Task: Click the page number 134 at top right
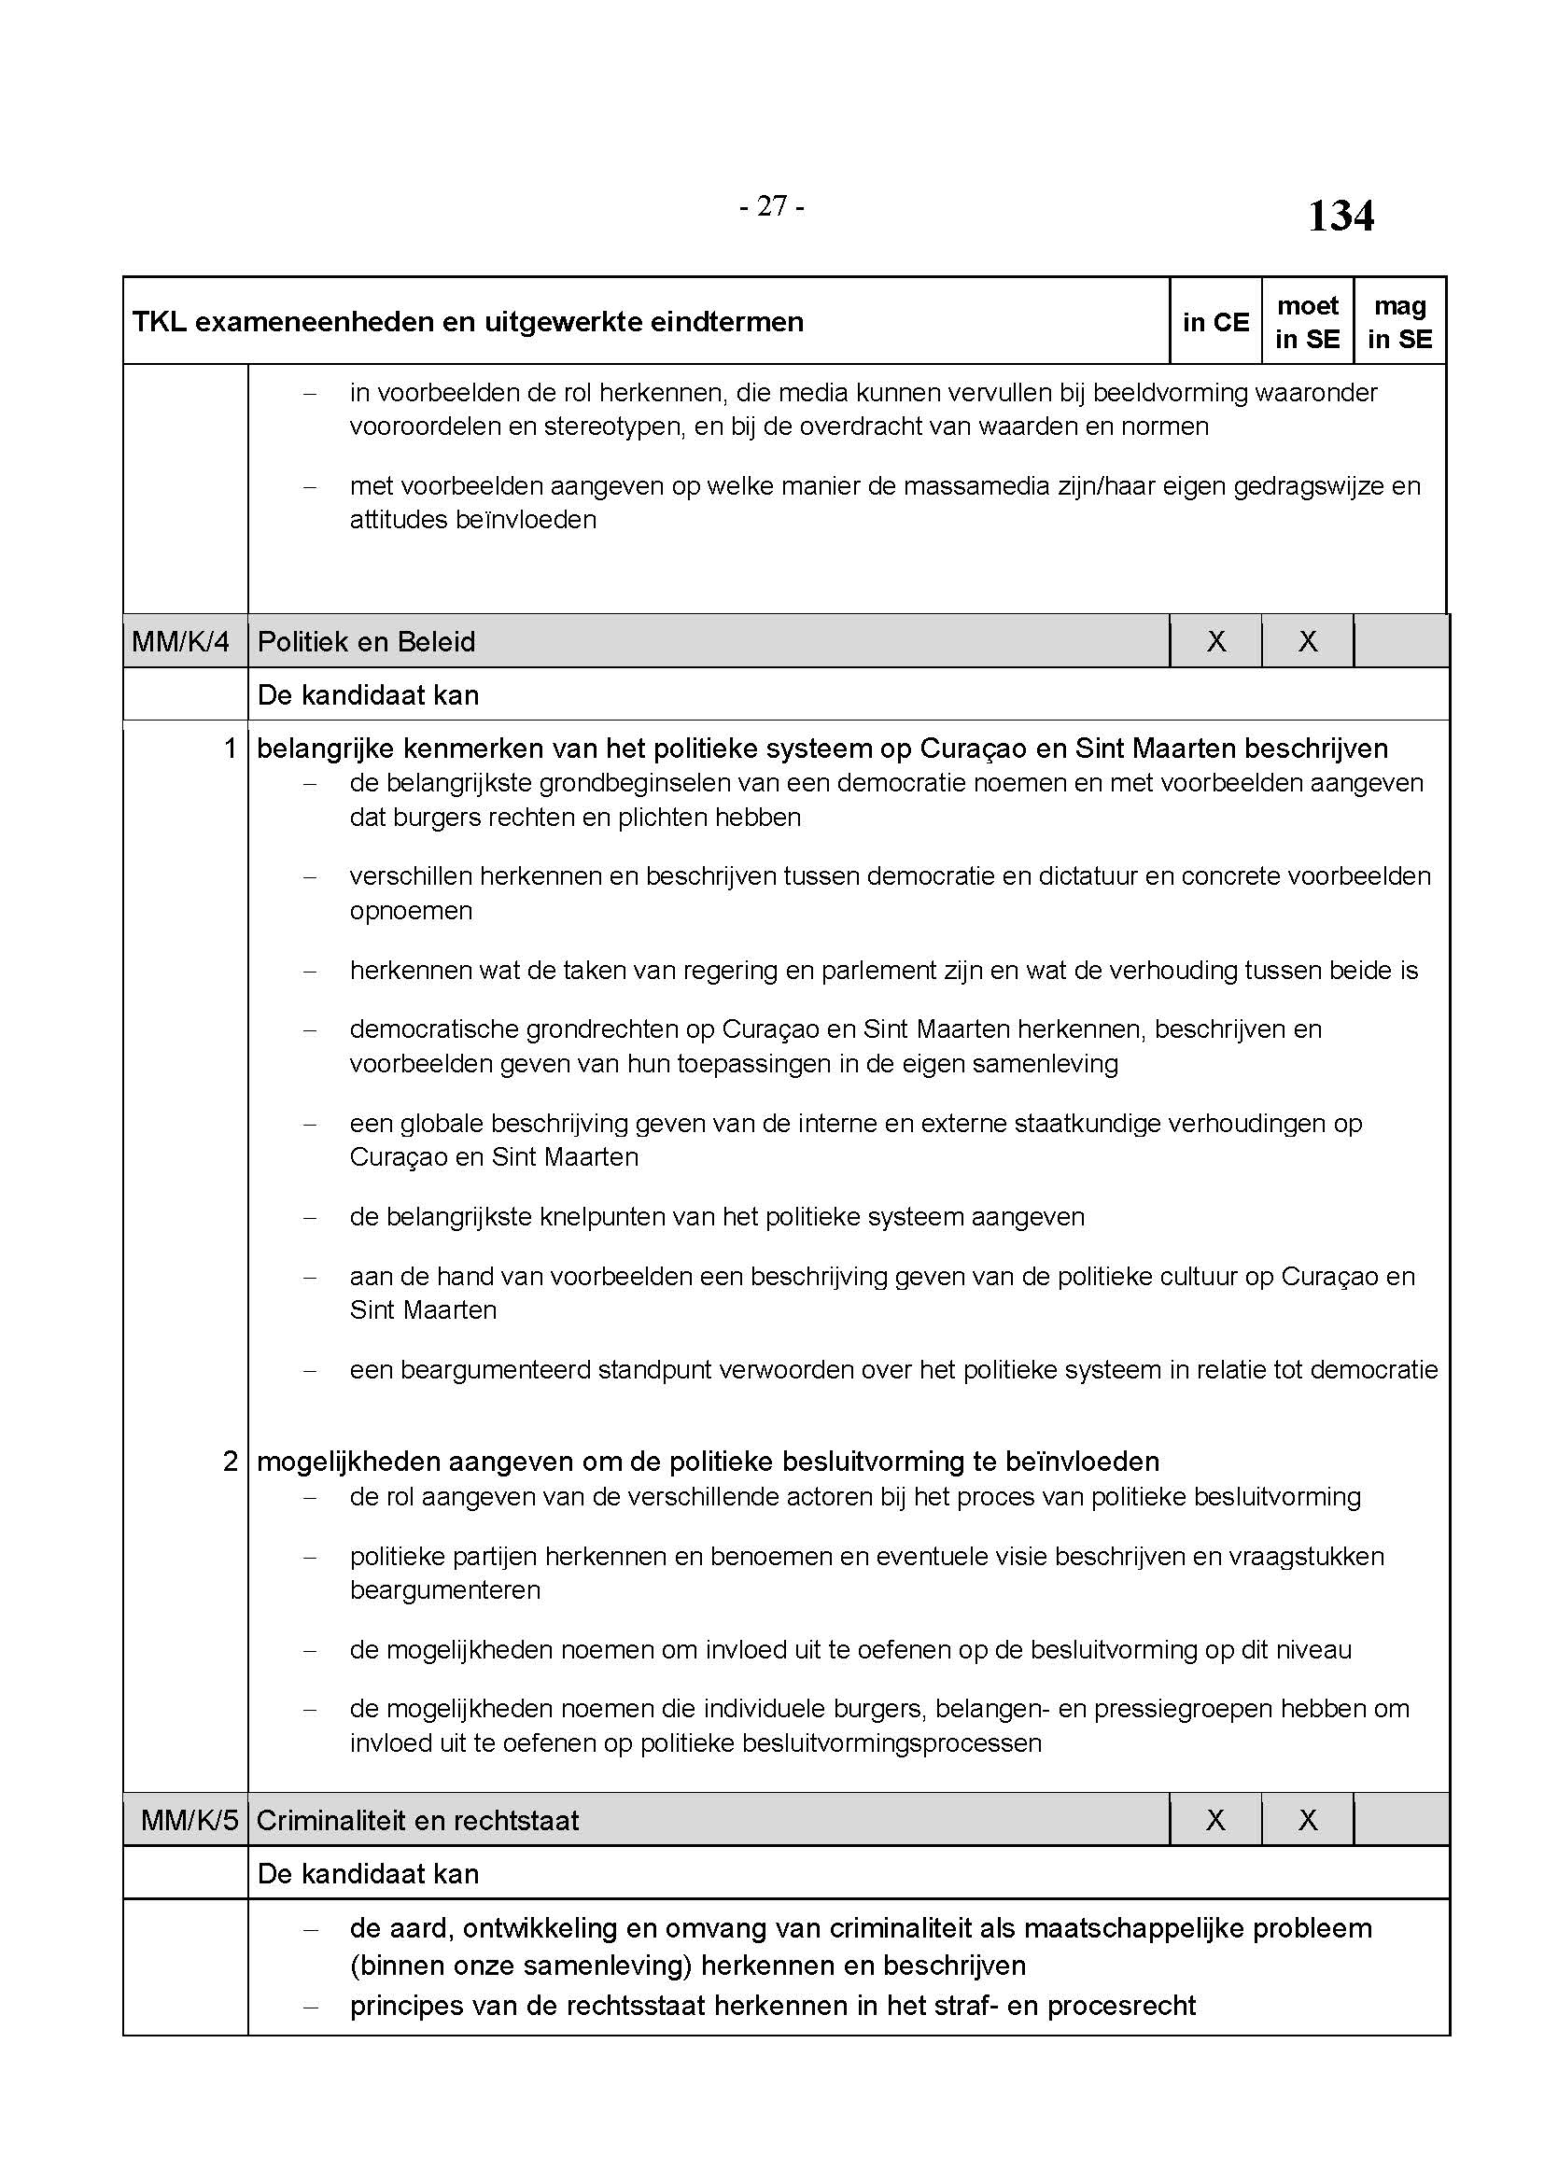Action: click(1340, 216)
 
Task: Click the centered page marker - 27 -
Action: click(772, 206)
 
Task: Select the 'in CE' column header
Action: click(1215, 322)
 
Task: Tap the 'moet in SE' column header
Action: click(1307, 322)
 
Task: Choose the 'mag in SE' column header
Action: click(1399, 322)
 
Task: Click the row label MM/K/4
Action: click(181, 642)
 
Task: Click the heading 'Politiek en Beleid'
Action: click(366, 642)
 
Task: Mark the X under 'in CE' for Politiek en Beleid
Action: click(1216, 642)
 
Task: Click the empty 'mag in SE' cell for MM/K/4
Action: click(1400, 642)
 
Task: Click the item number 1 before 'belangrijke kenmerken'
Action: click(229, 749)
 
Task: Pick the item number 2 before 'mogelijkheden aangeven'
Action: click(229, 1462)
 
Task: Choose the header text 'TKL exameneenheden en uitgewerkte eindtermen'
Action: click(468, 322)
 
